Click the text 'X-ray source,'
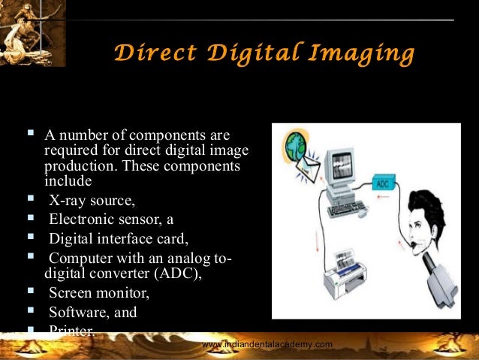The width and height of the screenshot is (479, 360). tap(92, 199)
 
